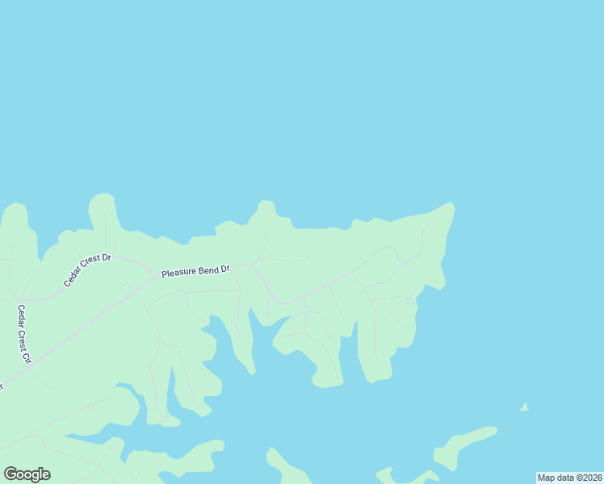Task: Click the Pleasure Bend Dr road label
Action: pyautogui.click(x=195, y=271)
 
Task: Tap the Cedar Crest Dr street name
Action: pyautogui.click(x=88, y=270)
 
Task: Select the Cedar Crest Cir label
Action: pyautogui.click(x=23, y=333)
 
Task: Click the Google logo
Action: pyautogui.click(x=27, y=474)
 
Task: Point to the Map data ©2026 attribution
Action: pyautogui.click(x=570, y=478)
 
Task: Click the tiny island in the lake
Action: pyautogui.click(x=524, y=407)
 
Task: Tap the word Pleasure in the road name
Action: pyautogui.click(x=179, y=273)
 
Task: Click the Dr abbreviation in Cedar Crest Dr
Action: pyautogui.click(x=106, y=258)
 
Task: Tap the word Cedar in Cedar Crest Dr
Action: pyautogui.click(x=73, y=280)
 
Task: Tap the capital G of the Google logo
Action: pyautogui.click(x=10, y=474)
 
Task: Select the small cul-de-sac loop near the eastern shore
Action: pyautogui.click(x=409, y=301)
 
